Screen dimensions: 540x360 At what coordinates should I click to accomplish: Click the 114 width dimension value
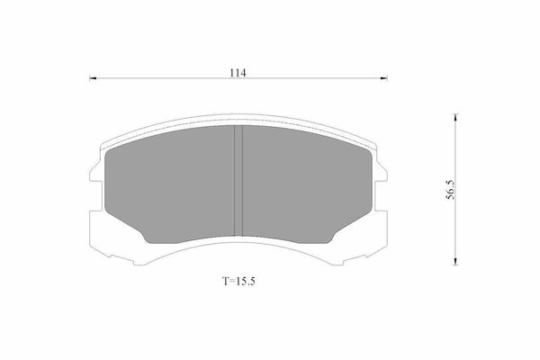point(238,73)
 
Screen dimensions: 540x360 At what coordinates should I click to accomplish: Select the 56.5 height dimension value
point(450,190)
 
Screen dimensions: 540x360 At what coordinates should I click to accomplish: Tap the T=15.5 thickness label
point(238,282)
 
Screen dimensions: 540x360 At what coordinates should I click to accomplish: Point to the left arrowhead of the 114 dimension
point(93,78)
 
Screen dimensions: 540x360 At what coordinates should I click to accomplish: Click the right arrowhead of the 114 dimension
point(383,78)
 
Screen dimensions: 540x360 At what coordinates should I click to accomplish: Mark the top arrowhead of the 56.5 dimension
point(455,118)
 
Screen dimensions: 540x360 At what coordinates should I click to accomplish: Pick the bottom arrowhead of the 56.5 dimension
point(455,262)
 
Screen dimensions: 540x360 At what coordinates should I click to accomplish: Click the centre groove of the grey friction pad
point(238,181)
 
